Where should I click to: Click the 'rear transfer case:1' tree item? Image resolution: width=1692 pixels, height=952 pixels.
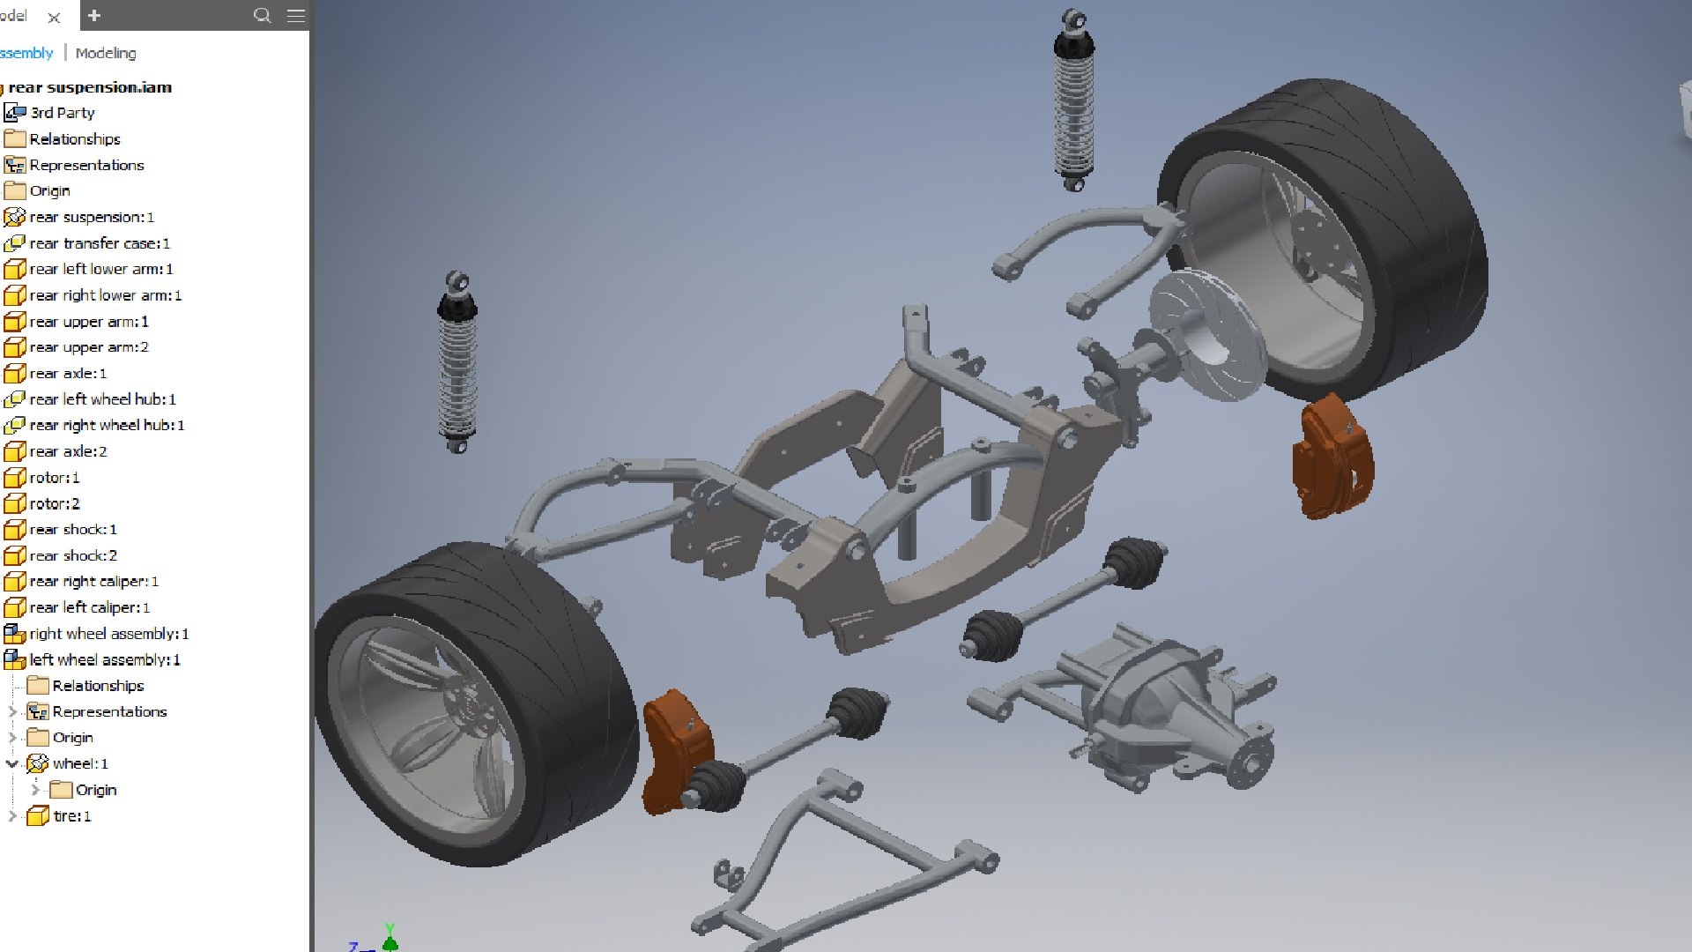[99, 243]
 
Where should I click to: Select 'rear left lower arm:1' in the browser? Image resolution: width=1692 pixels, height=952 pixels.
[100, 269]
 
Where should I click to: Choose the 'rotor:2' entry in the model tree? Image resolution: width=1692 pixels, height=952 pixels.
[54, 503]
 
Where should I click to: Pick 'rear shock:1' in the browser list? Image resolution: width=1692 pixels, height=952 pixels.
[72, 529]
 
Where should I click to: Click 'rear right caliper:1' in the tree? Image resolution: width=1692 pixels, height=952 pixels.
[93, 581]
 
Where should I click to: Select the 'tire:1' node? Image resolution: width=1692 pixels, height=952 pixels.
[71, 816]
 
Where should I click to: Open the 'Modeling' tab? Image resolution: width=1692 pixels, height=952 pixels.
[106, 53]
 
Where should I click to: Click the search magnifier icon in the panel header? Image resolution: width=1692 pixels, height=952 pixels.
[262, 15]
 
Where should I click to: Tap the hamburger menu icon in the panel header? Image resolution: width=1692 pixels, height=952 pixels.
[296, 15]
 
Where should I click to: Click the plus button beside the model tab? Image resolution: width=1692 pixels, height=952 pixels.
[94, 15]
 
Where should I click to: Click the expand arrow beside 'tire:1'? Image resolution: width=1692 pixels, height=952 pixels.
[12, 816]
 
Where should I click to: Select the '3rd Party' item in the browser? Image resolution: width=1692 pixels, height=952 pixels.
[62, 113]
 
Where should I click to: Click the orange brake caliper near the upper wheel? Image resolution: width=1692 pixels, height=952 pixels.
[1332, 458]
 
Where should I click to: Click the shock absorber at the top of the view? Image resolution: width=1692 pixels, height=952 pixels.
[1073, 101]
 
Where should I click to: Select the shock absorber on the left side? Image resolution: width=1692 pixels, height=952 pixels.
[456, 361]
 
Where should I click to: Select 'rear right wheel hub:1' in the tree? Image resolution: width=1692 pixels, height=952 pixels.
[107, 425]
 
